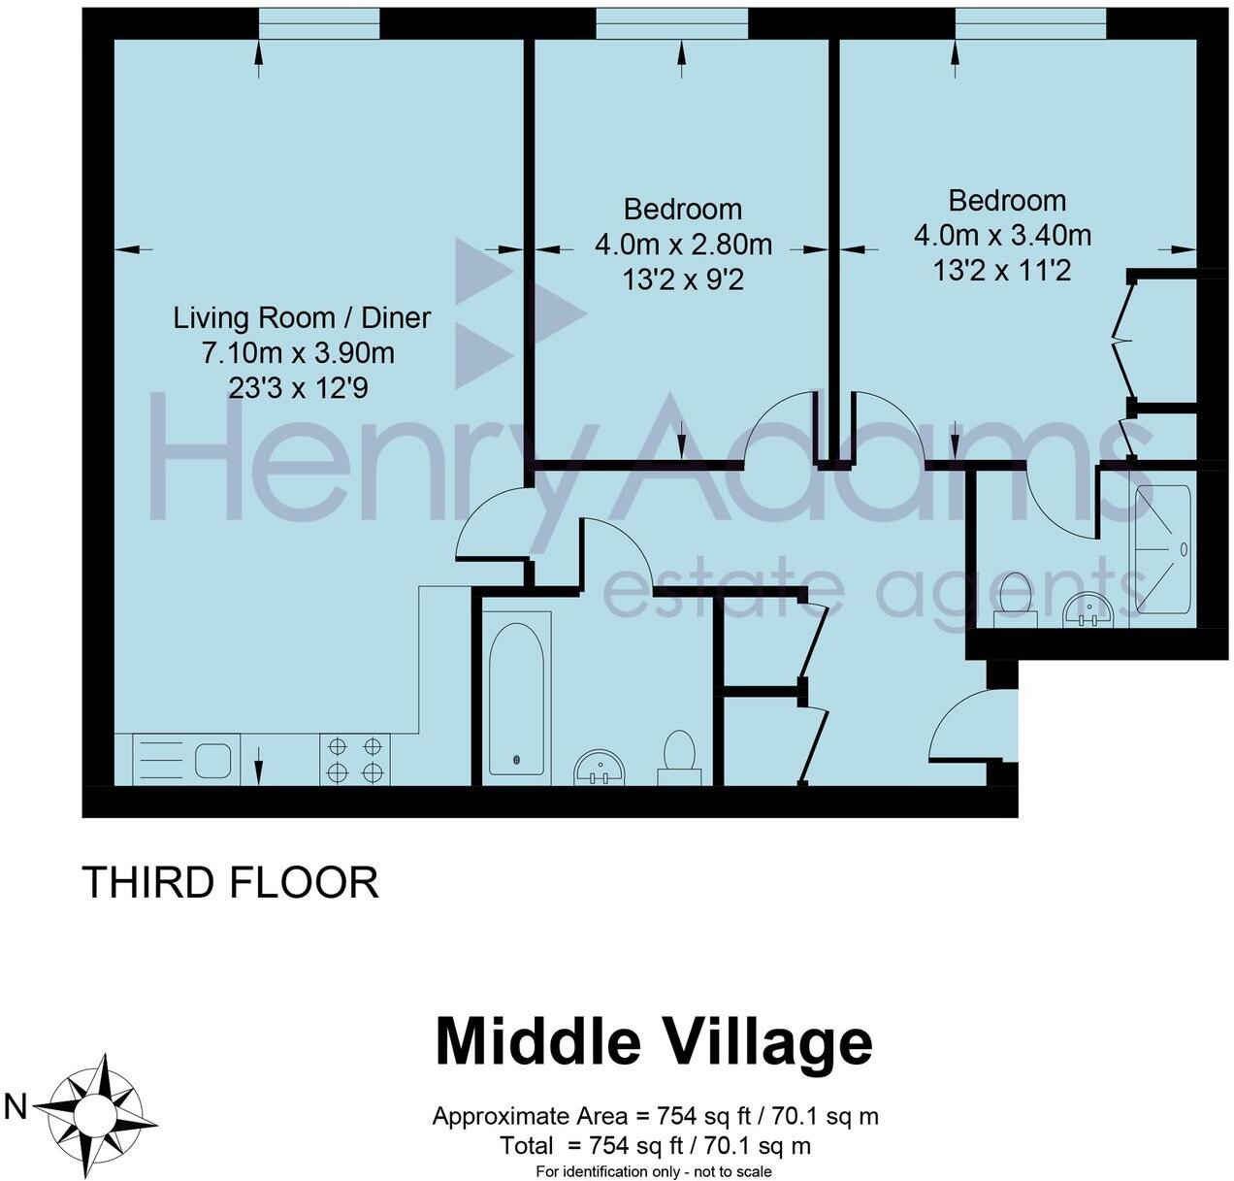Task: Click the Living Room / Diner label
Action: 302,317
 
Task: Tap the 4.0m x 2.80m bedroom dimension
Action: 683,245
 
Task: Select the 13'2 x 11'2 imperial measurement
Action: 1002,271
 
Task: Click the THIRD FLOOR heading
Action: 230,883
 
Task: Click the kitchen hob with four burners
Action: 355,760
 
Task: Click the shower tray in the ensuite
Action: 1163,549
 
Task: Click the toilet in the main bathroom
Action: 679,756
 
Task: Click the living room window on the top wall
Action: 319,24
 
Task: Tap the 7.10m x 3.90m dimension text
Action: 298,352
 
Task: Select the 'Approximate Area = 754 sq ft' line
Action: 655,1116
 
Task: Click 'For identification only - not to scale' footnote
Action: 654,1171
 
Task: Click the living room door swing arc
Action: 492,524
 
